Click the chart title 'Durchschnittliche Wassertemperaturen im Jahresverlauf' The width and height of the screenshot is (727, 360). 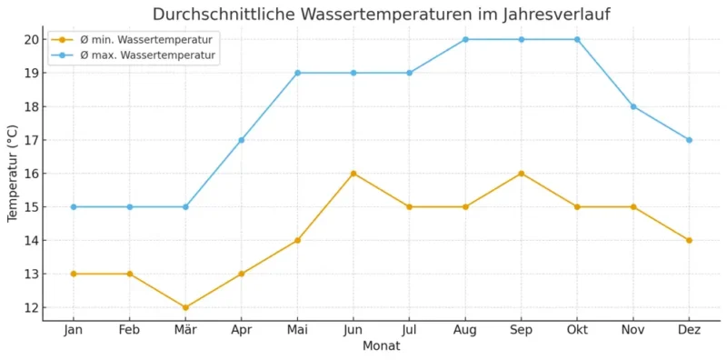coord(381,15)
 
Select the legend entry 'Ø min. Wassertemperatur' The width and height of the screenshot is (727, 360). coord(145,40)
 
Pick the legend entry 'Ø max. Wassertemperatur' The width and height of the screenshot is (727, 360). coord(145,55)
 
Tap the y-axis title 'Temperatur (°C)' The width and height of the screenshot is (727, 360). coord(13,174)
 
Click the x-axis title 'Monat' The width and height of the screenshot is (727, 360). coord(381,346)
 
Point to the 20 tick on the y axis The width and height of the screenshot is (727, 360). coord(31,39)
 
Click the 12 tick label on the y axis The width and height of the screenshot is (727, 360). coord(31,307)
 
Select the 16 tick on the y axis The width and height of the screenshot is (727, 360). coord(31,174)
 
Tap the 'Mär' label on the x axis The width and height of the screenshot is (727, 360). coord(185,330)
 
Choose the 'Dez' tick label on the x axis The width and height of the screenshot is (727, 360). coord(689,330)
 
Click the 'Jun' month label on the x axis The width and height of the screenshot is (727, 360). coord(354,330)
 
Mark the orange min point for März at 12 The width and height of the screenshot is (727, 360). coord(185,307)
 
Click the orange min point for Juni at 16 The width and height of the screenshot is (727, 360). coord(354,174)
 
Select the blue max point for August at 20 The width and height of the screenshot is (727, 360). coord(465,39)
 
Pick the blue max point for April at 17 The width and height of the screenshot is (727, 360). coord(242,140)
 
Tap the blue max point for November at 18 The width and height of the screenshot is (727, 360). coord(633,106)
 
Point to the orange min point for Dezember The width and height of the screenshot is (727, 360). coord(689,240)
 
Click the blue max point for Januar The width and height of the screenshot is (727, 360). coord(74,206)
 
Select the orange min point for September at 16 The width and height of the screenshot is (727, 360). coord(522,174)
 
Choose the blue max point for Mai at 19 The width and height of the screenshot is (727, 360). coord(297,73)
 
